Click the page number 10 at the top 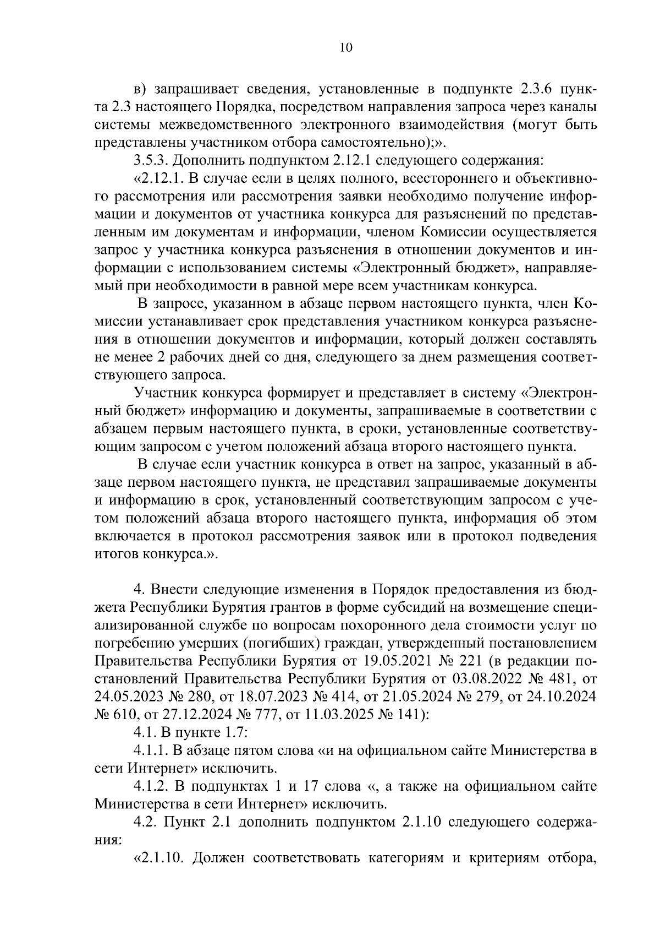pos(345,47)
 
